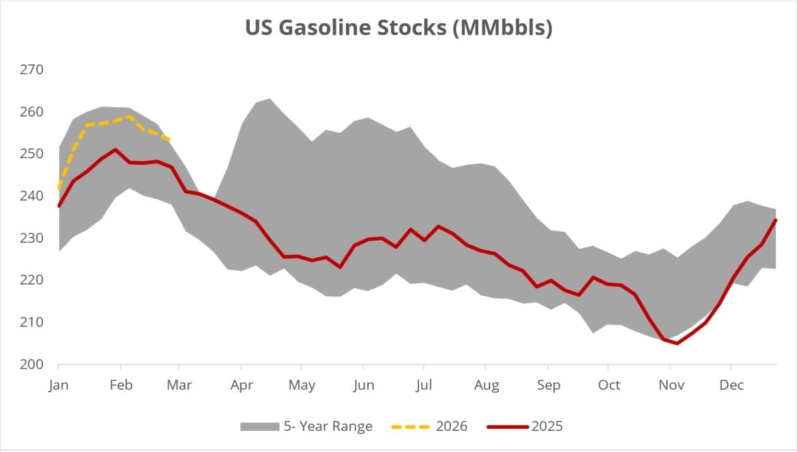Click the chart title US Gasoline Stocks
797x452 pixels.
point(398,29)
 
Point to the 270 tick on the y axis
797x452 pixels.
point(33,70)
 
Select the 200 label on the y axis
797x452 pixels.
point(33,364)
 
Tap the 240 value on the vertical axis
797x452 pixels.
point(33,196)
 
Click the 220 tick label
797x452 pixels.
point(33,280)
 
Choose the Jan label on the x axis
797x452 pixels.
point(58,386)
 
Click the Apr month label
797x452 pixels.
point(240,386)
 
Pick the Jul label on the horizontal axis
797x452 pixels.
point(424,386)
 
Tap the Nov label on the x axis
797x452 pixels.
point(670,386)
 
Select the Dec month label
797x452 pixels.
point(731,386)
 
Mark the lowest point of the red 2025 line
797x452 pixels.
point(677,344)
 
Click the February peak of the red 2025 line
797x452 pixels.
point(116,150)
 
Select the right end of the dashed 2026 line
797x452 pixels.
point(171,140)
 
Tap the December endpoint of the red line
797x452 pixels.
point(776,220)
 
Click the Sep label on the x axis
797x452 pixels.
point(548,386)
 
